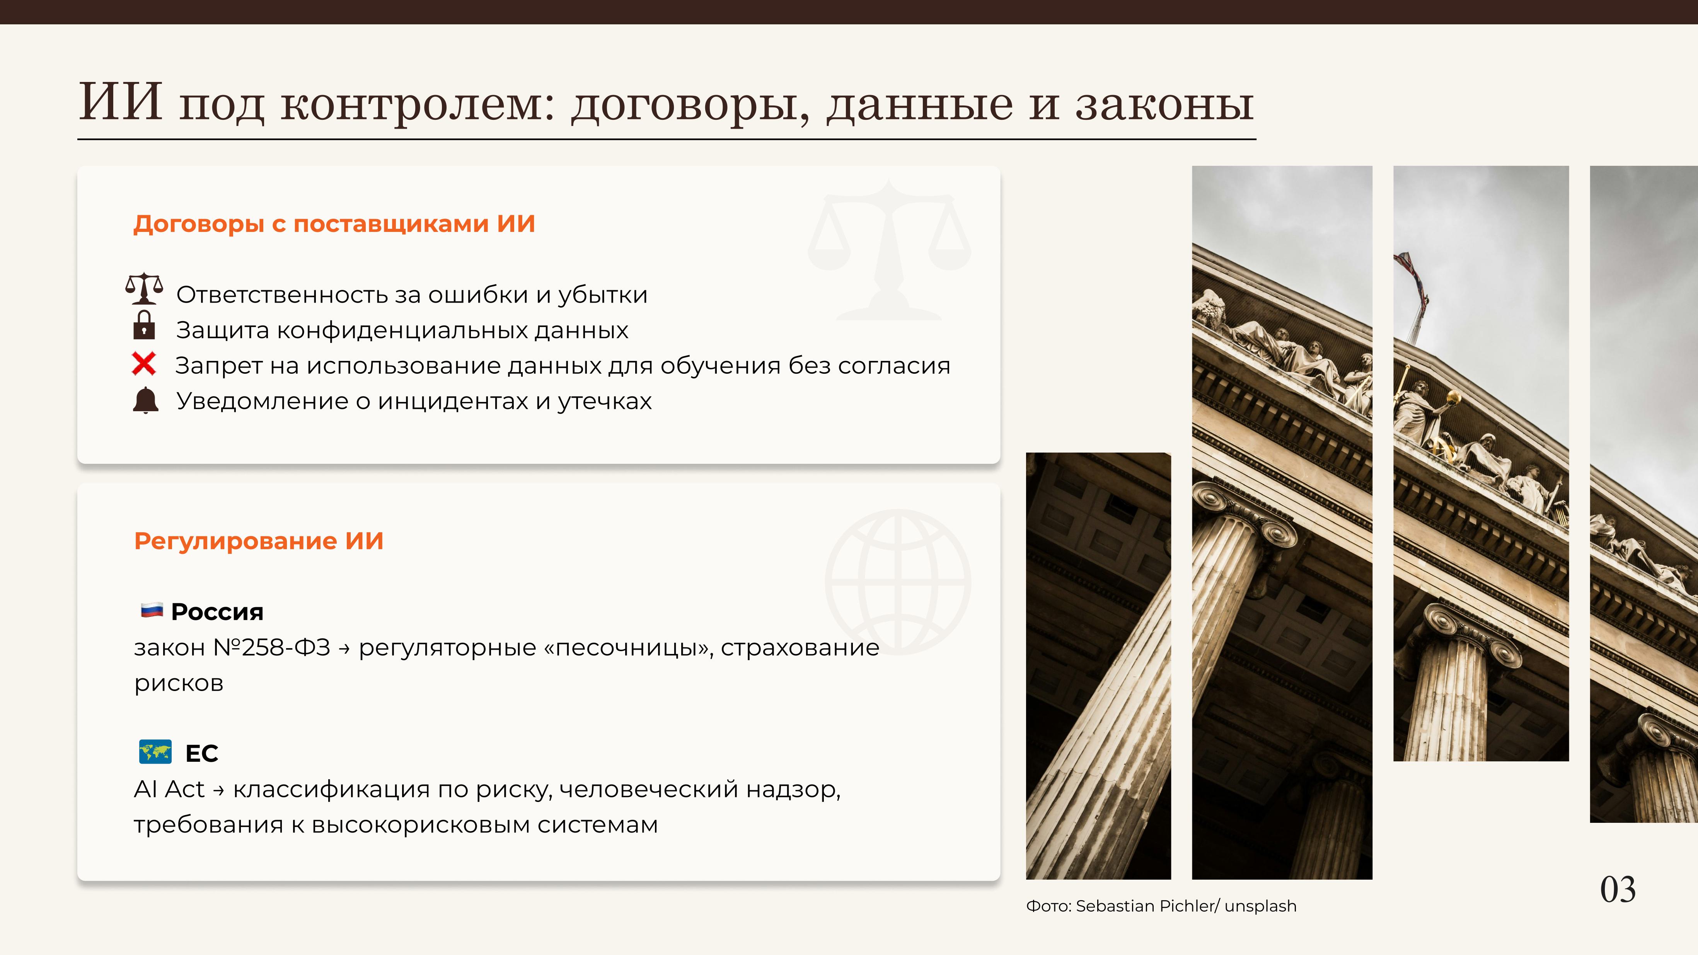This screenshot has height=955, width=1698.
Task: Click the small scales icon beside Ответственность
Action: (144, 289)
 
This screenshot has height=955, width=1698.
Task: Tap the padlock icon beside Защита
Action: (144, 325)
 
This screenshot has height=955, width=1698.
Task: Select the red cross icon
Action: (144, 364)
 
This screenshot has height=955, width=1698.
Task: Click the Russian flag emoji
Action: (152, 610)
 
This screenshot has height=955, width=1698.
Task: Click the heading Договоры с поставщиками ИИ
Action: (334, 224)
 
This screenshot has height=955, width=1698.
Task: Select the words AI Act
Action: (169, 789)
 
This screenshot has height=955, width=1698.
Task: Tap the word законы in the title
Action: (1165, 104)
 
